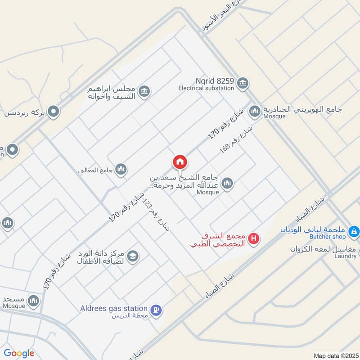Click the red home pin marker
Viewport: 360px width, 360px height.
(x=180, y=162)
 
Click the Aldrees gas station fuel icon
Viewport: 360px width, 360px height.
(x=156, y=310)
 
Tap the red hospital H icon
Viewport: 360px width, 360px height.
(x=254, y=239)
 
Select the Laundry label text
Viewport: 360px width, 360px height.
(x=345, y=256)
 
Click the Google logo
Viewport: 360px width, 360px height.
(x=19, y=353)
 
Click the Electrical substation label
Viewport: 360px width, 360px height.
(x=206, y=88)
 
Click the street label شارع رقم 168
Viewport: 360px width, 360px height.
(x=236, y=140)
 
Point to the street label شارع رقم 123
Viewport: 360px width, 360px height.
(x=156, y=215)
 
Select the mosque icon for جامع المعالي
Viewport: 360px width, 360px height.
(x=121, y=169)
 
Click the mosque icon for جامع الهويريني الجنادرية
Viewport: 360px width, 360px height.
(x=255, y=111)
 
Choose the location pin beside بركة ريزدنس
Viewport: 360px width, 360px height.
(x=54, y=111)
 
